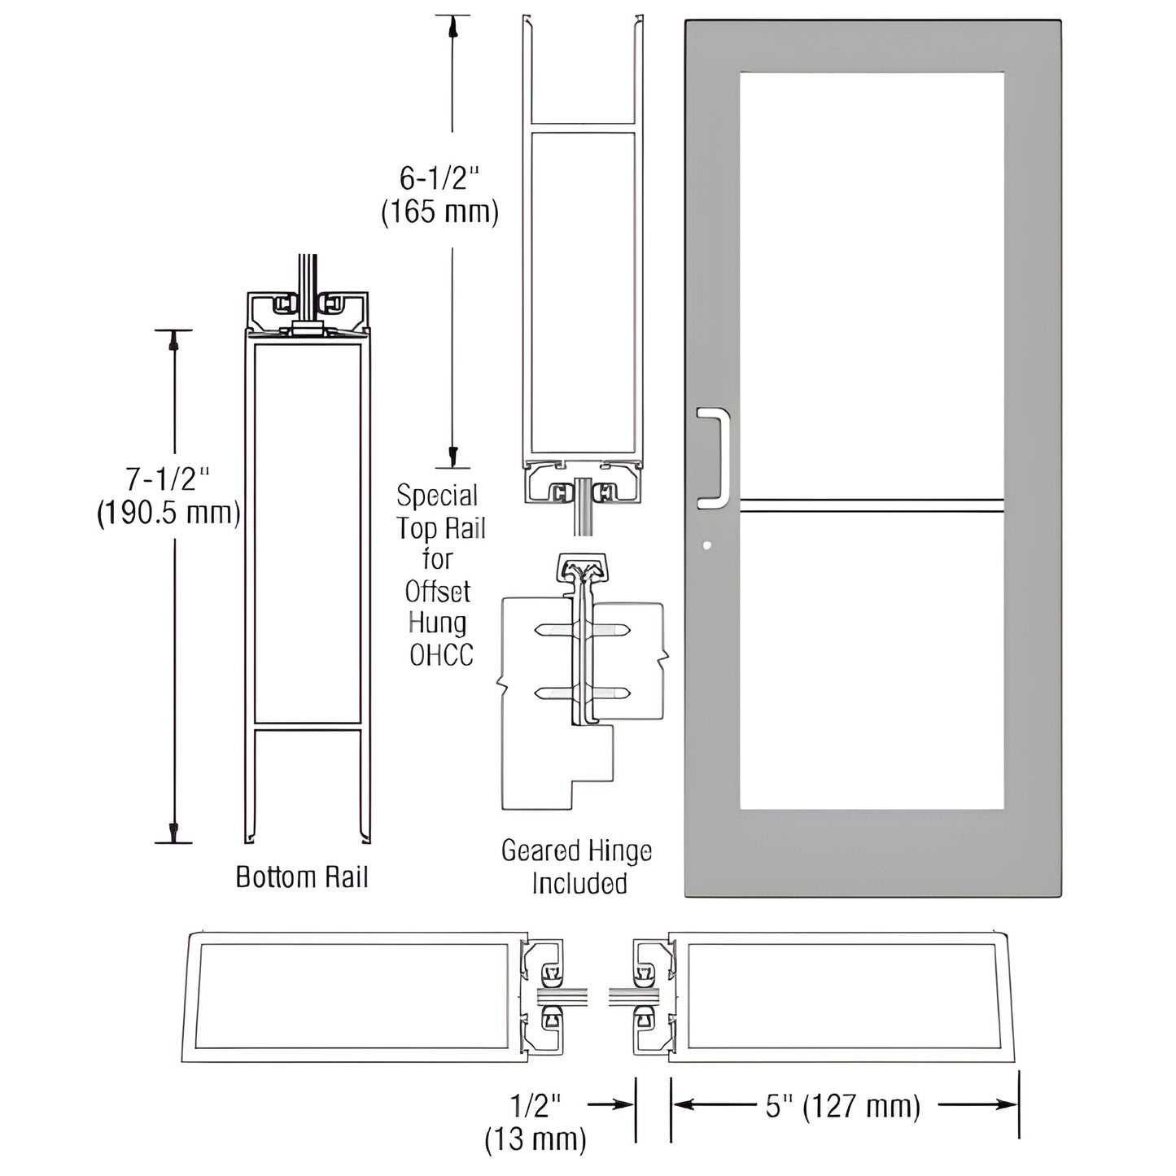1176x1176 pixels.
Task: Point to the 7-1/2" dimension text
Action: click(x=172, y=479)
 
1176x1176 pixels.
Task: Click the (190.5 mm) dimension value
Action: click(x=168, y=514)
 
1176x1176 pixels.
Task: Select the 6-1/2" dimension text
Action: click(x=439, y=177)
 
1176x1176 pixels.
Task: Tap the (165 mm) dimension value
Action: click(x=439, y=212)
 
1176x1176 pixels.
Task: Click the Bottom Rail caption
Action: click(x=302, y=877)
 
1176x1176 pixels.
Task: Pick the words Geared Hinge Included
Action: click(x=577, y=867)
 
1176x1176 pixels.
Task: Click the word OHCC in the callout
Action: click(x=440, y=655)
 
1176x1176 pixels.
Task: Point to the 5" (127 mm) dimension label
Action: click(x=843, y=1106)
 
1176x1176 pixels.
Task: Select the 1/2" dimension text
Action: click(x=536, y=1104)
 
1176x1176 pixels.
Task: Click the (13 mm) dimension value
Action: click(x=536, y=1139)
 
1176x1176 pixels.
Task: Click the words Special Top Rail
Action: click(x=439, y=512)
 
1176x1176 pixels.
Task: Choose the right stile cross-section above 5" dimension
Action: click(x=842, y=997)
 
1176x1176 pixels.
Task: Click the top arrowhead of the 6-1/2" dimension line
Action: click(x=452, y=27)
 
